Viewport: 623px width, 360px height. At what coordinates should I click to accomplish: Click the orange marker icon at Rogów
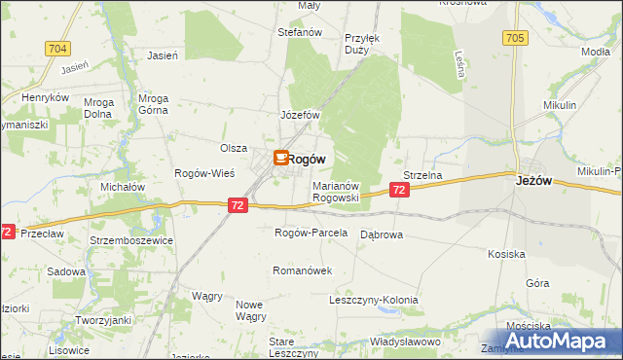click(280, 157)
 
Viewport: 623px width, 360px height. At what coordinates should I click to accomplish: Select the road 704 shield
click(56, 48)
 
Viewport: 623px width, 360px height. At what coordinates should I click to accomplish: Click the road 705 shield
click(515, 38)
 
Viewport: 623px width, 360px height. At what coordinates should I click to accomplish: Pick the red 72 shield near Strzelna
click(400, 192)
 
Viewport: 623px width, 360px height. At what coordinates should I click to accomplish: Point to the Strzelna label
click(423, 175)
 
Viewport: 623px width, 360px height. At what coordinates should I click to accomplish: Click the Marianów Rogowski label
click(336, 191)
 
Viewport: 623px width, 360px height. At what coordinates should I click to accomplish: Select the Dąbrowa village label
click(382, 234)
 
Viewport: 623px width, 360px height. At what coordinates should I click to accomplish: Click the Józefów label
click(301, 115)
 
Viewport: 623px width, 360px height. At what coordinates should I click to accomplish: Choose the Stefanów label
click(300, 32)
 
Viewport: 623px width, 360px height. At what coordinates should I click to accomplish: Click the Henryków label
click(46, 98)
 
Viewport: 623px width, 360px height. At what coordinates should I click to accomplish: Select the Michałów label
click(124, 186)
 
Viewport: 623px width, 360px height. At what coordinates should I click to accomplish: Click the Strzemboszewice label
click(131, 239)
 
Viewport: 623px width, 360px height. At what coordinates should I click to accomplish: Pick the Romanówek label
click(303, 270)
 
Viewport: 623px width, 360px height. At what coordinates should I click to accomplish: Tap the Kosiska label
click(506, 254)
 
